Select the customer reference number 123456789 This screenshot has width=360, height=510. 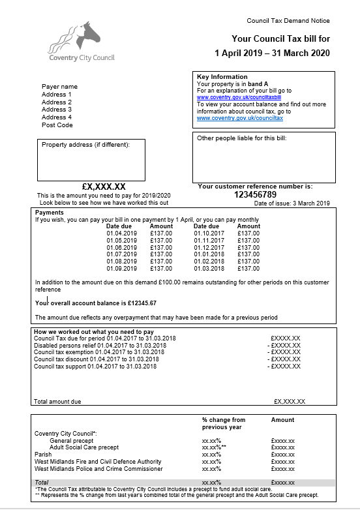[255, 194]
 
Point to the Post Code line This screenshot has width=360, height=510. [57, 125]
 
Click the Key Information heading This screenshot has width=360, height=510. [222, 77]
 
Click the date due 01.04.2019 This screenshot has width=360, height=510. [122, 233]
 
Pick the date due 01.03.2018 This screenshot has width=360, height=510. [209, 268]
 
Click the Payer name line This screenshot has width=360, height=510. [59, 87]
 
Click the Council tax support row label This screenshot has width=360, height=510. [95, 367]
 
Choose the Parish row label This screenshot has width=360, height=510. [42, 455]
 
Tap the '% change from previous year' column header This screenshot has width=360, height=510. [223, 423]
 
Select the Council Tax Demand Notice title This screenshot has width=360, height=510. [288, 22]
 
